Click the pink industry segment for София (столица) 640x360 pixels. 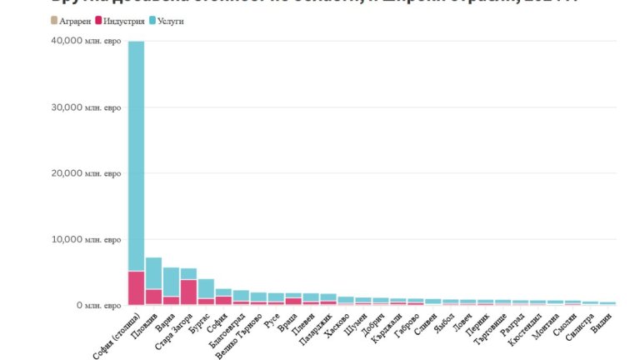coord(136,288)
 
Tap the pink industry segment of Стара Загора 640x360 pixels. coord(188,292)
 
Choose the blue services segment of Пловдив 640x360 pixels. coord(153,273)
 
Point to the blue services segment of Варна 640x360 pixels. coord(171,282)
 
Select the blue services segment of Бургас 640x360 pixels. coord(206,288)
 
